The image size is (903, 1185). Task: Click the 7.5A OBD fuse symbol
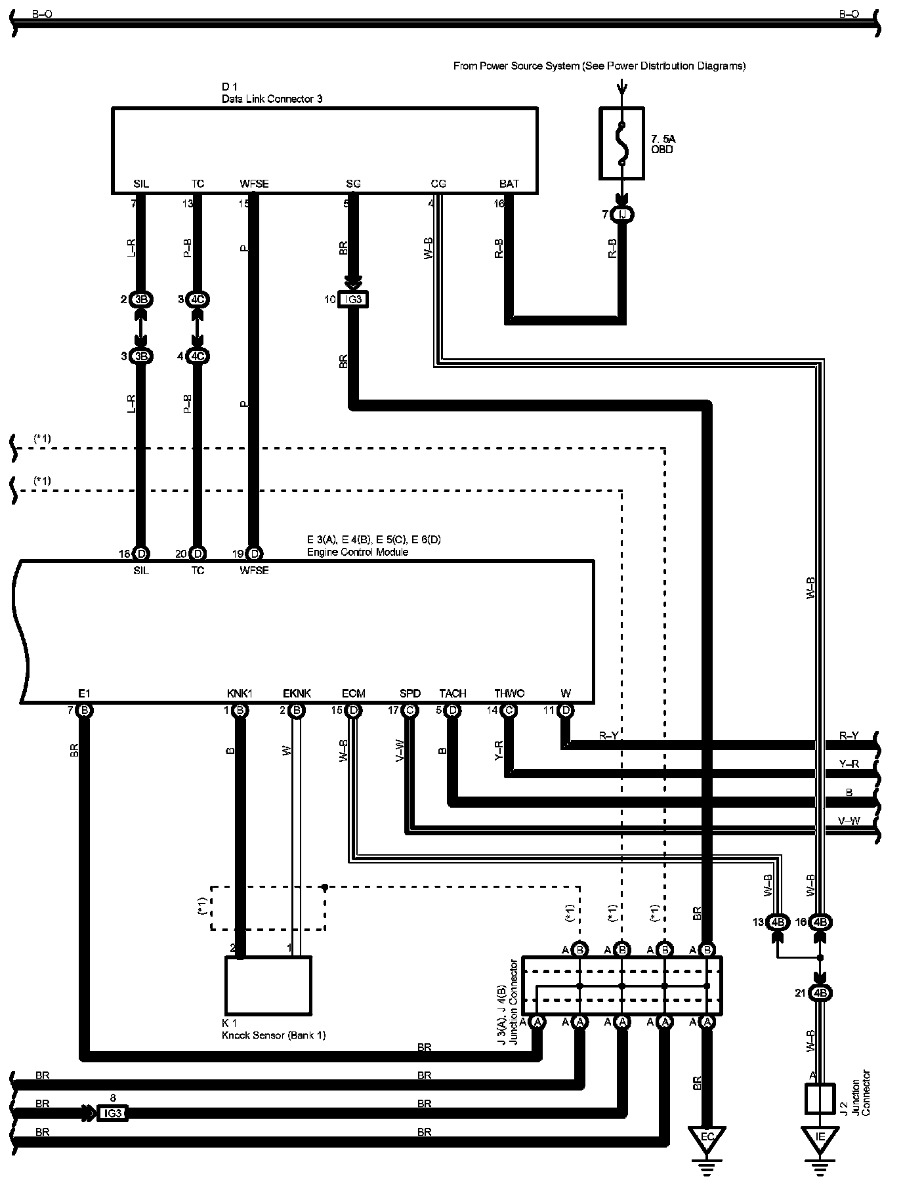click(x=621, y=144)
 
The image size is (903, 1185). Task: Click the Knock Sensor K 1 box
click(x=268, y=985)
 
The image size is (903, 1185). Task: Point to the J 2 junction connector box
click(x=819, y=1098)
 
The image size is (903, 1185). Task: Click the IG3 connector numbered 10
click(x=352, y=300)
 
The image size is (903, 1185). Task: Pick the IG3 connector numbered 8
click(x=112, y=1113)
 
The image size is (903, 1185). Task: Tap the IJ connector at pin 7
click(x=621, y=214)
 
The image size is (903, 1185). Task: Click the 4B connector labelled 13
click(x=778, y=922)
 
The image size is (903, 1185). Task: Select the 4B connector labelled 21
click(x=820, y=993)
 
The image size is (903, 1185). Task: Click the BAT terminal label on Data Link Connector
click(x=509, y=184)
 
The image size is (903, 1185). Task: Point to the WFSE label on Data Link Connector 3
click(x=254, y=184)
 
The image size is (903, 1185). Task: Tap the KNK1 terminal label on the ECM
click(x=240, y=694)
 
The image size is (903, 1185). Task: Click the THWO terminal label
click(x=509, y=694)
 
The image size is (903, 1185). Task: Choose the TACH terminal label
click(x=452, y=694)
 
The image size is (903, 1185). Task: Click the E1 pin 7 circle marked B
click(x=84, y=710)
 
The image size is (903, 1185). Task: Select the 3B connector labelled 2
click(x=141, y=300)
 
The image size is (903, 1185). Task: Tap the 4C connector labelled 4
click(x=198, y=356)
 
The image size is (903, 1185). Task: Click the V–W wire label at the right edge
click(x=849, y=820)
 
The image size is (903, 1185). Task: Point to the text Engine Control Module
click(x=358, y=552)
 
